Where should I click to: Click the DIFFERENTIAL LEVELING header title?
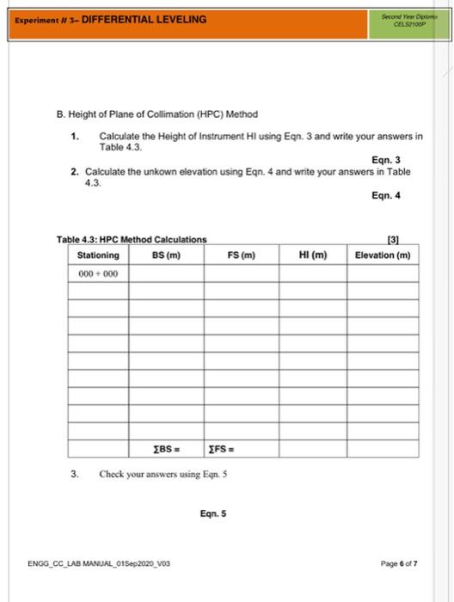(144, 19)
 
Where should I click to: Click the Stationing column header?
(98, 255)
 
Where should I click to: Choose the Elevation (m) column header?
(383, 255)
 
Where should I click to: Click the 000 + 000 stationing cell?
(98, 273)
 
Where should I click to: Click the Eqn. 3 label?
(386, 159)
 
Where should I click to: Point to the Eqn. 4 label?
(386, 195)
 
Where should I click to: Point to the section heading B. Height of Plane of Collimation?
(157, 114)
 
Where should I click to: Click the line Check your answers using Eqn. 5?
(163, 474)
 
